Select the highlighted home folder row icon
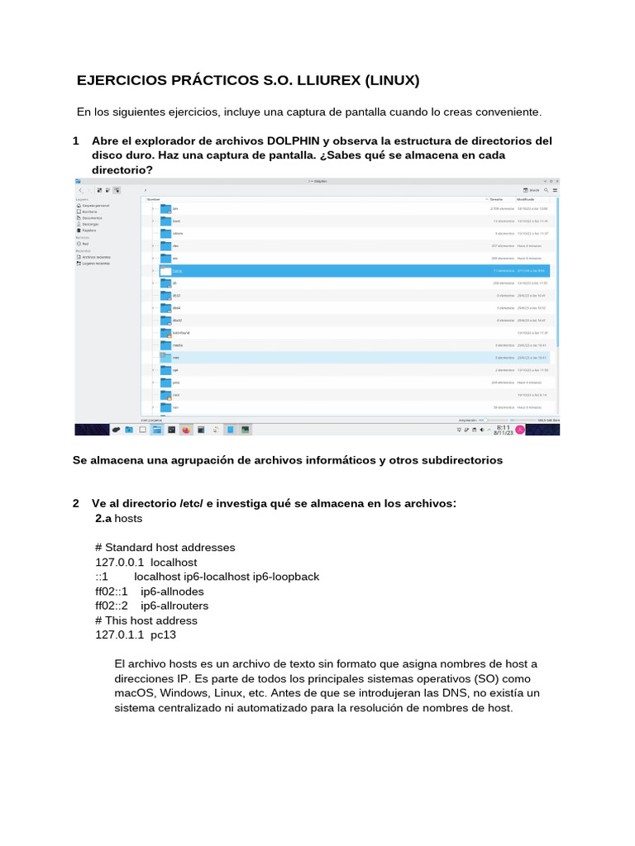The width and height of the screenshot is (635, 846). click(165, 270)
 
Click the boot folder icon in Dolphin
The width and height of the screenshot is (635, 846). click(165, 221)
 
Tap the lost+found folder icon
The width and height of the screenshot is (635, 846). click(165, 332)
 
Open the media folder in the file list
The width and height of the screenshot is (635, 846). click(165, 345)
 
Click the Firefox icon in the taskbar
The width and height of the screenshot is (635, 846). click(186, 430)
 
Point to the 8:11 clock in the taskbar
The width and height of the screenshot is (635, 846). click(502, 427)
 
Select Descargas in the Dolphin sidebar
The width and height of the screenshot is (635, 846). click(90, 224)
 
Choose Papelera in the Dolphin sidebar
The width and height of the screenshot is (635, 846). click(89, 231)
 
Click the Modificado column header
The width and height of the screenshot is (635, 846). click(526, 199)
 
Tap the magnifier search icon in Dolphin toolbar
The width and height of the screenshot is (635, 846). click(547, 189)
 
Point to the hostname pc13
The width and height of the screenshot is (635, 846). click(163, 635)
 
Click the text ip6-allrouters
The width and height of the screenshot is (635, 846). click(174, 606)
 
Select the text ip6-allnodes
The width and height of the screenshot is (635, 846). click(172, 592)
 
